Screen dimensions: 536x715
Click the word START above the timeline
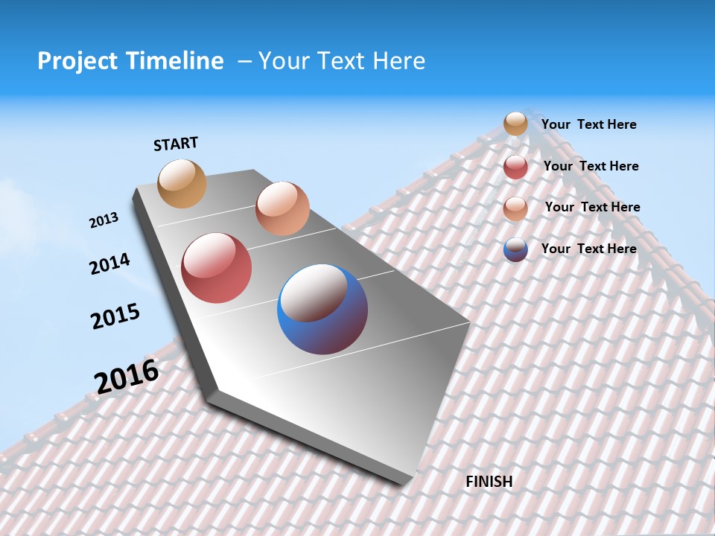176,144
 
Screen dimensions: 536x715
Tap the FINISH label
489,482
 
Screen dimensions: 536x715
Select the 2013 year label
104,220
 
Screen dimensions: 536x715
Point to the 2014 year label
109,264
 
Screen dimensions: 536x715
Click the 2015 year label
115,316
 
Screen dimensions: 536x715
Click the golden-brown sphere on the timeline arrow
182,183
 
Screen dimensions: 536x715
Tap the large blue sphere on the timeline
322,309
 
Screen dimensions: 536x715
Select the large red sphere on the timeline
216,268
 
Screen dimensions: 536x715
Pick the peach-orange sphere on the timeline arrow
282,208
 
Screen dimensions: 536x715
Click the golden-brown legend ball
515,124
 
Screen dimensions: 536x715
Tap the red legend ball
515,167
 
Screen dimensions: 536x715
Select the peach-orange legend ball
515,208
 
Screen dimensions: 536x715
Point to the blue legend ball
515,249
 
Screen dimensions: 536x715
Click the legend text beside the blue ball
588,249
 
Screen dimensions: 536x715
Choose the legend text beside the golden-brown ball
588,124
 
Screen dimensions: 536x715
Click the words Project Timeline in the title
130,61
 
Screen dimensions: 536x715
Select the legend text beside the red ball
591,166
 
